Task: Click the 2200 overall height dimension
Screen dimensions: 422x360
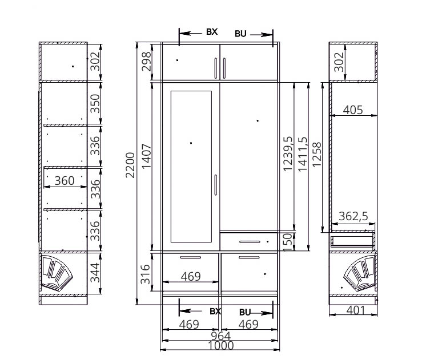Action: click(130, 165)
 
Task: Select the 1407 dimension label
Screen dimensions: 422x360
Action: click(146, 156)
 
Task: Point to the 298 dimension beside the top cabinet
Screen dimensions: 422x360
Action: click(146, 62)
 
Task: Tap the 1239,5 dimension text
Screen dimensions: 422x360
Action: click(288, 153)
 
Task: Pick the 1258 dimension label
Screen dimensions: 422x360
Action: click(317, 155)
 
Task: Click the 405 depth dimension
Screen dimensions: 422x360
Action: click(353, 110)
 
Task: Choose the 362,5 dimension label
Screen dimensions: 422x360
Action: click(353, 216)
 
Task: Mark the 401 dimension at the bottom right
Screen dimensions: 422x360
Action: click(356, 310)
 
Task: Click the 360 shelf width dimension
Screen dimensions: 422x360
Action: click(65, 181)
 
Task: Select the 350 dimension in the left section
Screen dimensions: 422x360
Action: click(95, 103)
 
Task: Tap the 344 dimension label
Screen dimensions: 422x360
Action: click(95, 273)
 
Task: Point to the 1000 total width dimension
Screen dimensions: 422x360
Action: click(221, 346)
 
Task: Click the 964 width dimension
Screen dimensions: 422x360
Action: click(220, 336)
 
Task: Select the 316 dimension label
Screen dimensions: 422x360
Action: click(146, 274)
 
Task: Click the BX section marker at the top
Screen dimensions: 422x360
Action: click(212, 32)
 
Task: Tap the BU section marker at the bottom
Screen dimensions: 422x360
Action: click(245, 312)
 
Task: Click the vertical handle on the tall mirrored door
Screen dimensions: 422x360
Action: click(216, 185)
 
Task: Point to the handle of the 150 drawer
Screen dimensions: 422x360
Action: click(250, 242)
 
